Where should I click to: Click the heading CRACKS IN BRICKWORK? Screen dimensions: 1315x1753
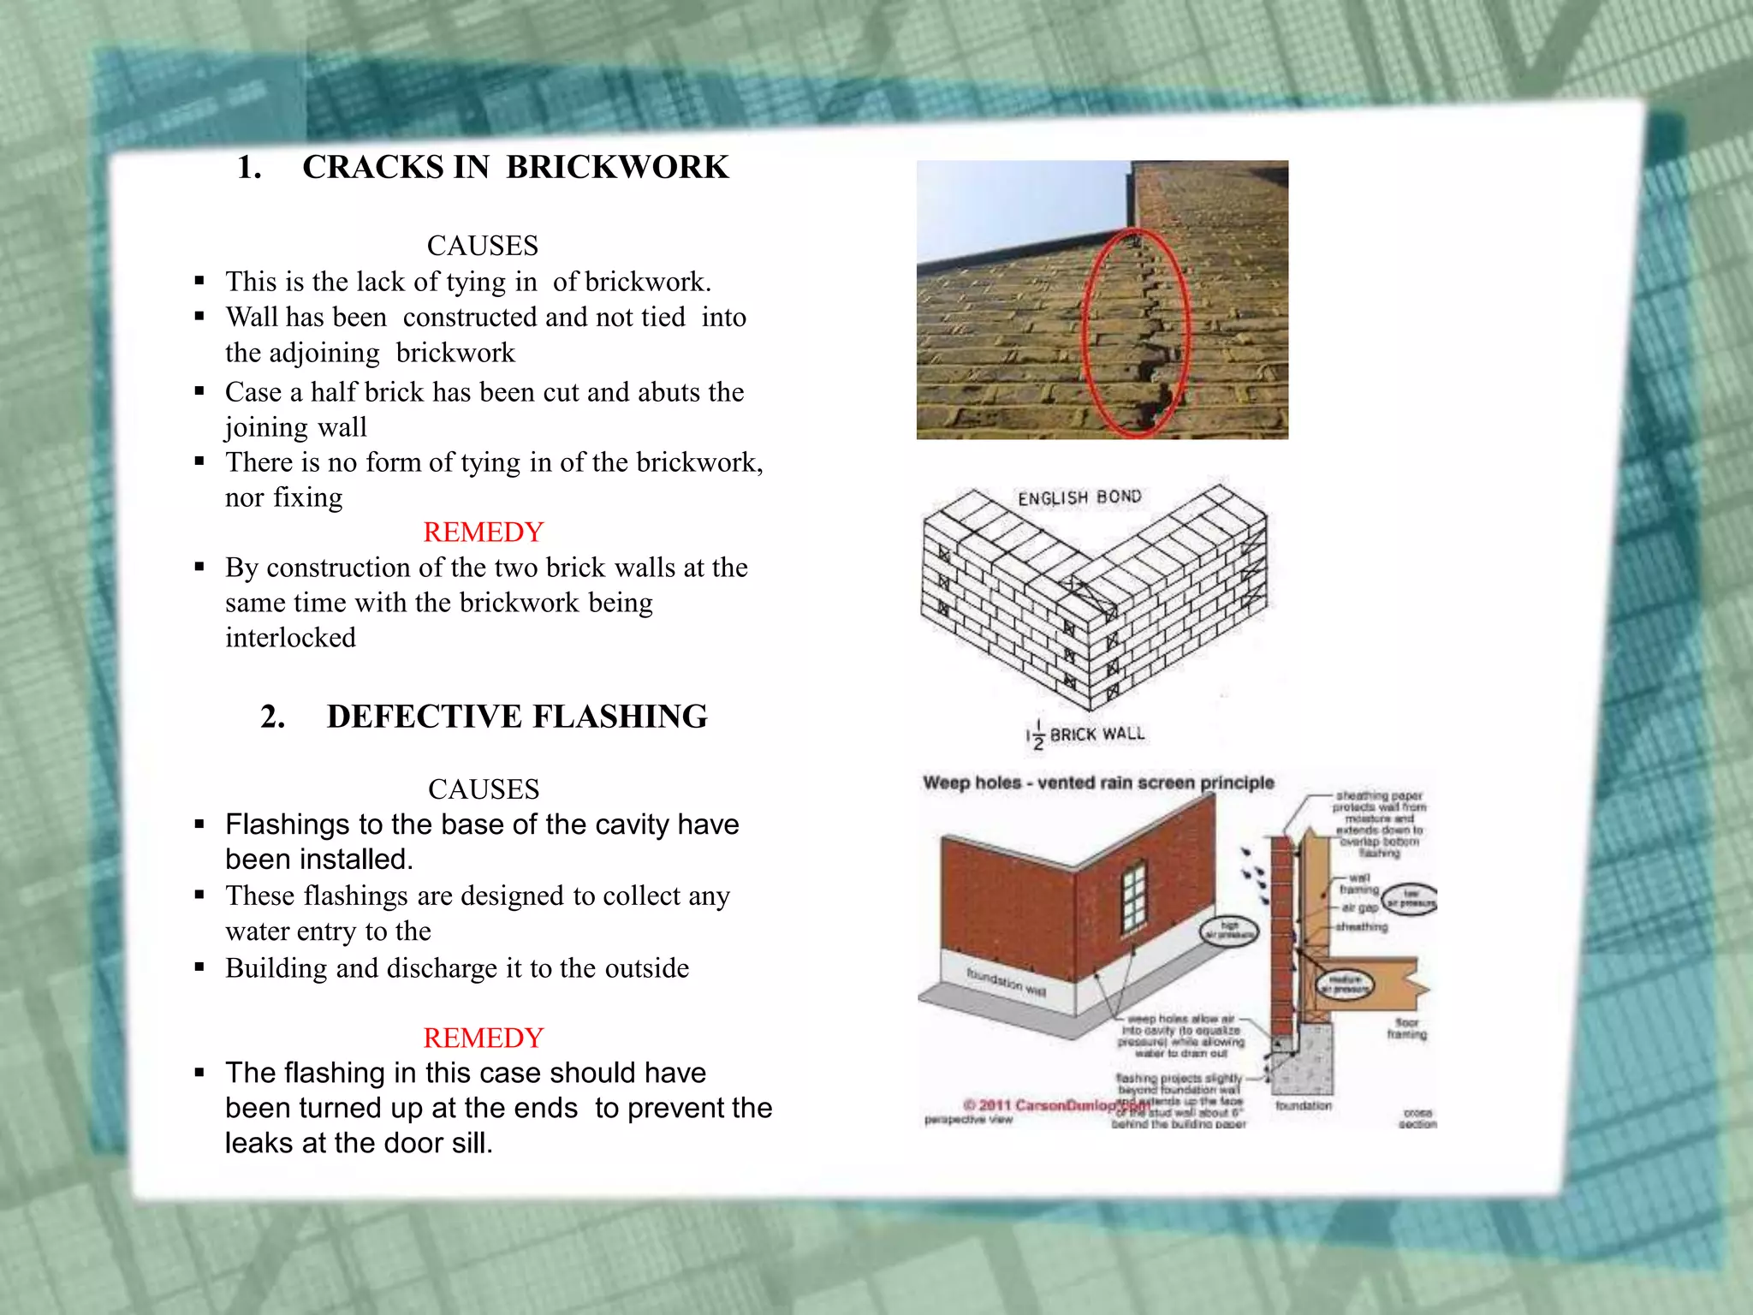pyautogui.click(x=515, y=167)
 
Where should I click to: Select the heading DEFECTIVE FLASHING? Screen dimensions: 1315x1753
pyautogui.click(x=517, y=717)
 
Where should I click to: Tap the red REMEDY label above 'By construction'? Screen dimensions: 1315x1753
pyautogui.click(x=484, y=532)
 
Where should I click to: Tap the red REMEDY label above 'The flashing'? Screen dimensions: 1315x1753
pyautogui.click(x=484, y=1038)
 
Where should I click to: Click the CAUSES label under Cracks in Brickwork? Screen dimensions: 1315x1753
pyautogui.click(x=483, y=246)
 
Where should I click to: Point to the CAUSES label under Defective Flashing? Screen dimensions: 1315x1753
pyautogui.click(x=484, y=788)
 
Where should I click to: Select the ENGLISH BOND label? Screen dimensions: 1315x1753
pyautogui.click(x=1079, y=497)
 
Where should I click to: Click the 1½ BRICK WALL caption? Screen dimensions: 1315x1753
pyautogui.click(x=1085, y=735)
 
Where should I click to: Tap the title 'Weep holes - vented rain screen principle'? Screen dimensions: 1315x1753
pyautogui.click(x=1098, y=782)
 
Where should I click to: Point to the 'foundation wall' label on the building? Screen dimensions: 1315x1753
pyautogui.click(x=1006, y=982)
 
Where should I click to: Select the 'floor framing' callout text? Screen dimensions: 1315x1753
pyautogui.click(x=1406, y=1028)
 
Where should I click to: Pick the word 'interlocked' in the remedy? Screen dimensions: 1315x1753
pyautogui.click(x=290, y=638)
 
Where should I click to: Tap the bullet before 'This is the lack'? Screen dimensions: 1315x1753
pyautogui.click(x=199, y=281)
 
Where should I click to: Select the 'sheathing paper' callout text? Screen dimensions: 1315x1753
pyautogui.click(x=1379, y=796)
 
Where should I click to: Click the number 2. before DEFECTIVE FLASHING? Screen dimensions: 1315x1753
pyautogui.click(x=272, y=717)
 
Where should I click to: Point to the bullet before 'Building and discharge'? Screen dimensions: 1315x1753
pyautogui.click(x=199, y=967)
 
